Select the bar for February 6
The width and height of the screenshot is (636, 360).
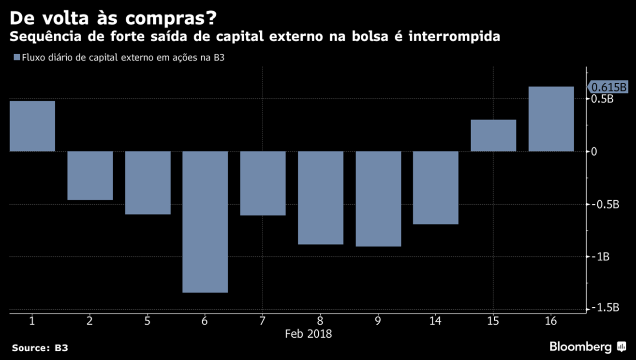pyautogui.click(x=205, y=222)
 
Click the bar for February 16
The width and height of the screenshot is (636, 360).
pyautogui.click(x=551, y=119)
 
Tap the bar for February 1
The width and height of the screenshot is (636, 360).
pyautogui.click(x=32, y=126)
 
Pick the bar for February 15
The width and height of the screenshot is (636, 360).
pyautogui.click(x=493, y=135)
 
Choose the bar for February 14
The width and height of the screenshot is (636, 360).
pyautogui.click(x=436, y=188)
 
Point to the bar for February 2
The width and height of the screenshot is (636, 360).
pyautogui.click(x=90, y=176)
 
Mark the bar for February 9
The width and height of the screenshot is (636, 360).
pyautogui.click(x=378, y=199)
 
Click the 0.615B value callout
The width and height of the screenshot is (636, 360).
pyautogui.click(x=608, y=88)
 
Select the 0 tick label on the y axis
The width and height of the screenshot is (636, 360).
pyautogui.click(x=594, y=151)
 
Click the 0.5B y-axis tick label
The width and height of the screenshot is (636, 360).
pyautogui.click(x=603, y=99)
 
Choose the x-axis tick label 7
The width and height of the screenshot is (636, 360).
pyautogui.click(x=263, y=320)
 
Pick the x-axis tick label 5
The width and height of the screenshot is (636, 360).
pyautogui.click(x=148, y=320)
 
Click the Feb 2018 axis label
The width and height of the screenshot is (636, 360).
pyautogui.click(x=308, y=334)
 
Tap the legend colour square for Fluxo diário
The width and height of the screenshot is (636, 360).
pyautogui.click(x=17, y=58)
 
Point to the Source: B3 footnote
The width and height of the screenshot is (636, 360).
pyautogui.click(x=40, y=348)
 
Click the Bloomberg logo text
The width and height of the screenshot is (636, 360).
pyautogui.click(x=580, y=347)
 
